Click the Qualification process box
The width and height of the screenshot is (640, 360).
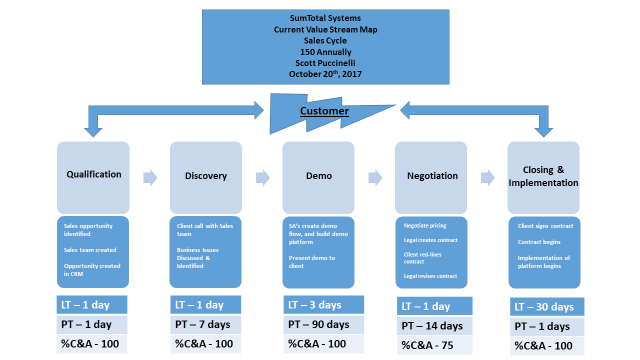click(x=93, y=175)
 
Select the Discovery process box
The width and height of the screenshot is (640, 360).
click(x=205, y=175)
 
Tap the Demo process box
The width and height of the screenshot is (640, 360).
click(x=318, y=175)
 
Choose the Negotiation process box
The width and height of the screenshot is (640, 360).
click(x=431, y=175)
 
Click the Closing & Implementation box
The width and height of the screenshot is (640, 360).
click(x=544, y=175)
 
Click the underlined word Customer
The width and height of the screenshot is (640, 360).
click(x=325, y=111)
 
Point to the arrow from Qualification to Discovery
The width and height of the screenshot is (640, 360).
click(x=149, y=177)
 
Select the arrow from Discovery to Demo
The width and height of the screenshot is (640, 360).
click(x=262, y=177)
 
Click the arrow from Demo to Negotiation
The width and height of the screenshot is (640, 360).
click(x=374, y=177)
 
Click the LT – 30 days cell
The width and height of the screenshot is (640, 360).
click(x=544, y=305)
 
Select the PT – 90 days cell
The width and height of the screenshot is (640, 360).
click(x=318, y=325)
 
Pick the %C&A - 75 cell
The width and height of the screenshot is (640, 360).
click(x=431, y=345)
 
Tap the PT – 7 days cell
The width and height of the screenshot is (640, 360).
click(x=205, y=325)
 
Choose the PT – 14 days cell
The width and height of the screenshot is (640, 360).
click(x=431, y=326)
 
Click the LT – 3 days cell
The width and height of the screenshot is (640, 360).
click(x=318, y=304)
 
